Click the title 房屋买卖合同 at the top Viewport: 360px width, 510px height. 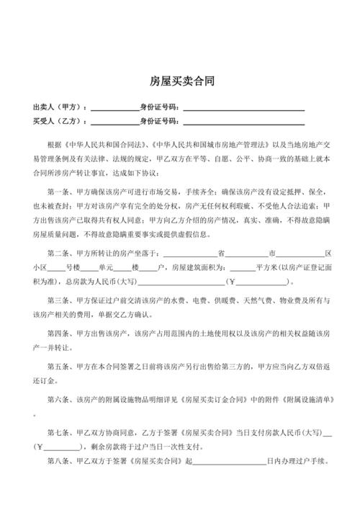point(181,81)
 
